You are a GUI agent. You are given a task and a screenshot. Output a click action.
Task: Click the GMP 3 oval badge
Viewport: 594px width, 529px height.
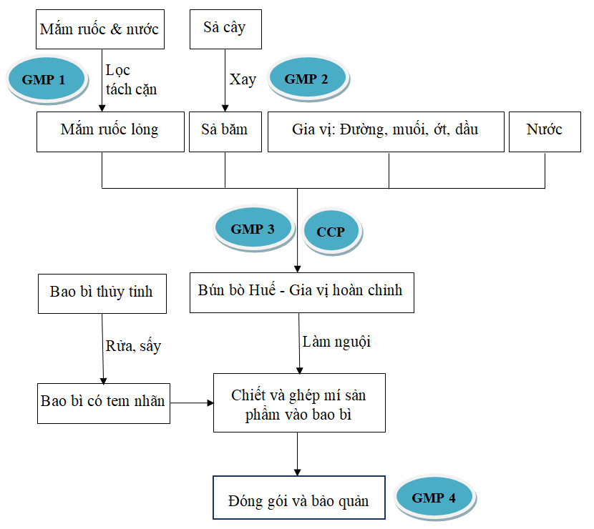pyautogui.click(x=253, y=229)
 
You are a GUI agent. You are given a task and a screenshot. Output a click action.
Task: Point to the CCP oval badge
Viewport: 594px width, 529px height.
pyautogui.click(x=331, y=232)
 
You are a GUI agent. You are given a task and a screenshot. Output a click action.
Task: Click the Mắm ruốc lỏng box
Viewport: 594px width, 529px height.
pyautogui.click(x=109, y=131)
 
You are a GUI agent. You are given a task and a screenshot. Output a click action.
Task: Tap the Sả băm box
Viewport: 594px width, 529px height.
pyautogui.click(x=225, y=131)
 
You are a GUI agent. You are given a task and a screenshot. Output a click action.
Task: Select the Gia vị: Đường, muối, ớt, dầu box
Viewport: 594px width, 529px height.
pyautogui.click(x=386, y=131)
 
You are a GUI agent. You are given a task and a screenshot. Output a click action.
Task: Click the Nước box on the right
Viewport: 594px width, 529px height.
pyautogui.click(x=544, y=131)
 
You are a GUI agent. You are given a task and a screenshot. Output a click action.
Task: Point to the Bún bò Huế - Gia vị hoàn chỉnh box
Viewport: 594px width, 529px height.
pyautogui.click(x=301, y=291)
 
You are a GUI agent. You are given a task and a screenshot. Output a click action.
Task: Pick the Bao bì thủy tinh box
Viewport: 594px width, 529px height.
pyautogui.click(x=102, y=292)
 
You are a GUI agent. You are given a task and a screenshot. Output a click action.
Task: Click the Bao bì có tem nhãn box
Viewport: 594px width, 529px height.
pyautogui.click(x=104, y=402)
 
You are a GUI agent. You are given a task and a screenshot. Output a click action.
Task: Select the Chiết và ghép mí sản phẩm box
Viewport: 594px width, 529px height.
pyautogui.click(x=299, y=402)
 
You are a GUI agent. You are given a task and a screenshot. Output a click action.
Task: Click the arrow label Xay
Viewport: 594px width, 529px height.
pyautogui.click(x=243, y=79)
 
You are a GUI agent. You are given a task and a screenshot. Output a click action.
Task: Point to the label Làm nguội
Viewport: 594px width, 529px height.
pyautogui.click(x=337, y=342)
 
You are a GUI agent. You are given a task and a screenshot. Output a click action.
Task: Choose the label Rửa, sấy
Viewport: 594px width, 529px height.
pyautogui.click(x=134, y=346)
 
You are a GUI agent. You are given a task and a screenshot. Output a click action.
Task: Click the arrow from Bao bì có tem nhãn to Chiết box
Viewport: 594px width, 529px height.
pyautogui.click(x=192, y=403)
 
